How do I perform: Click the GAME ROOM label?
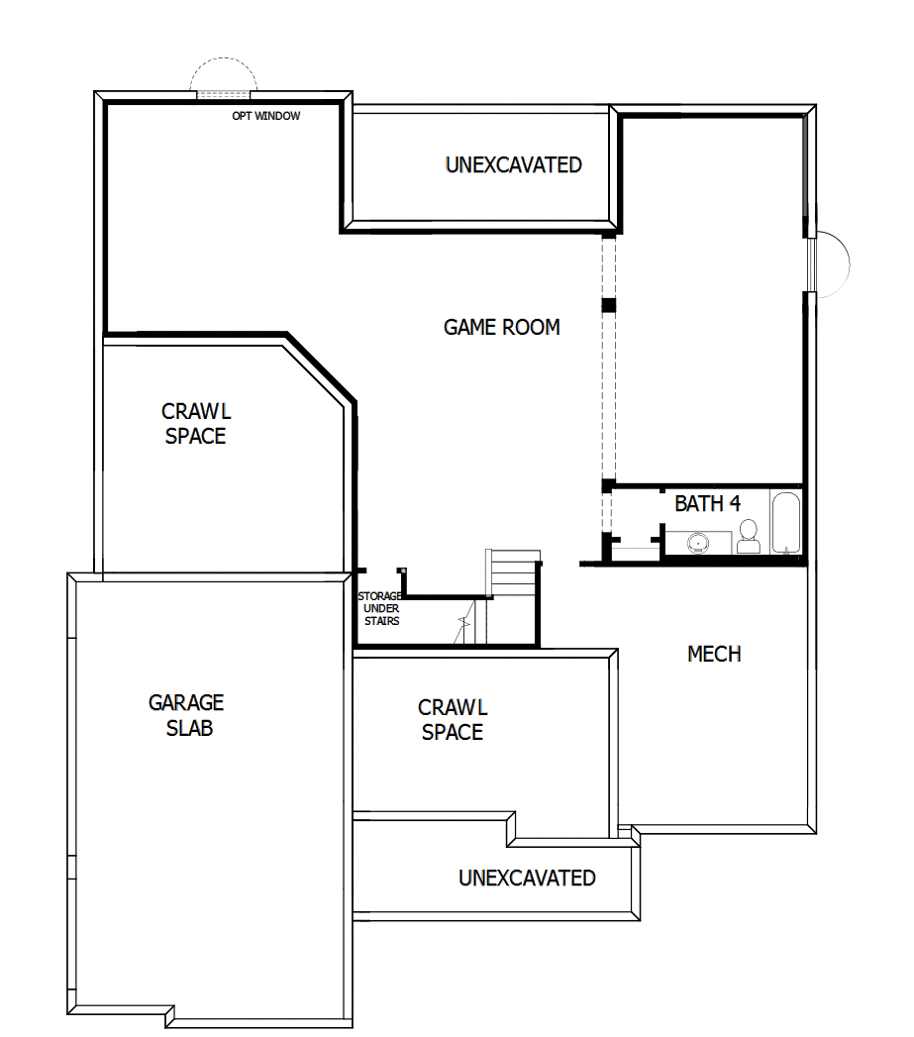pyautogui.click(x=501, y=327)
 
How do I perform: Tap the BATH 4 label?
pyautogui.click(x=707, y=503)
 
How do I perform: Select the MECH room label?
pyautogui.click(x=714, y=654)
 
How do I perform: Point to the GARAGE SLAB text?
pyautogui.click(x=186, y=715)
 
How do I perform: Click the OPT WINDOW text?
pyautogui.click(x=265, y=116)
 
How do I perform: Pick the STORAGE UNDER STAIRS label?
pyautogui.click(x=380, y=608)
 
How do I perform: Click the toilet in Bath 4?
pyautogui.click(x=749, y=537)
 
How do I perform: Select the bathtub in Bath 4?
pyautogui.click(x=785, y=522)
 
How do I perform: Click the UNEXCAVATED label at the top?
pyautogui.click(x=513, y=164)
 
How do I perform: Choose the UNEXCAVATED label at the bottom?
pyautogui.click(x=527, y=878)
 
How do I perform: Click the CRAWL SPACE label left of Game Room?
pyautogui.click(x=195, y=423)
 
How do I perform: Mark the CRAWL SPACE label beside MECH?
pyautogui.click(x=453, y=720)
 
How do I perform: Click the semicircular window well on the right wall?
pyautogui.click(x=833, y=264)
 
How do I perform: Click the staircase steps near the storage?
pyautogui.click(x=513, y=574)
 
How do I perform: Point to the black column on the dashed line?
pyautogui.click(x=609, y=304)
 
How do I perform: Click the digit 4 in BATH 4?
pyautogui.click(x=735, y=503)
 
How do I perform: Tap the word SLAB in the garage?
pyautogui.click(x=189, y=729)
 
